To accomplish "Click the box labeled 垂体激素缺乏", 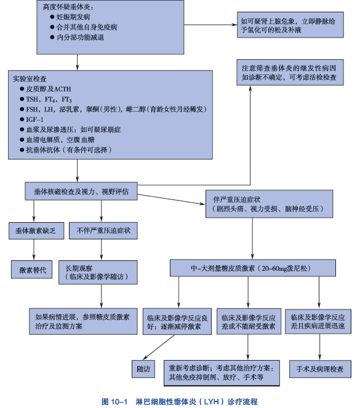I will click(34, 231).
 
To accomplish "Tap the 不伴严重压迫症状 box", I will click(104, 231).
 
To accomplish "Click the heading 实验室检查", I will click(30, 79).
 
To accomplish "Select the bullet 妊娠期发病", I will click(71, 18).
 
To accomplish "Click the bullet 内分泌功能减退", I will click(79, 38).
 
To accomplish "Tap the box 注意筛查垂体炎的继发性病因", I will click(292, 73).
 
